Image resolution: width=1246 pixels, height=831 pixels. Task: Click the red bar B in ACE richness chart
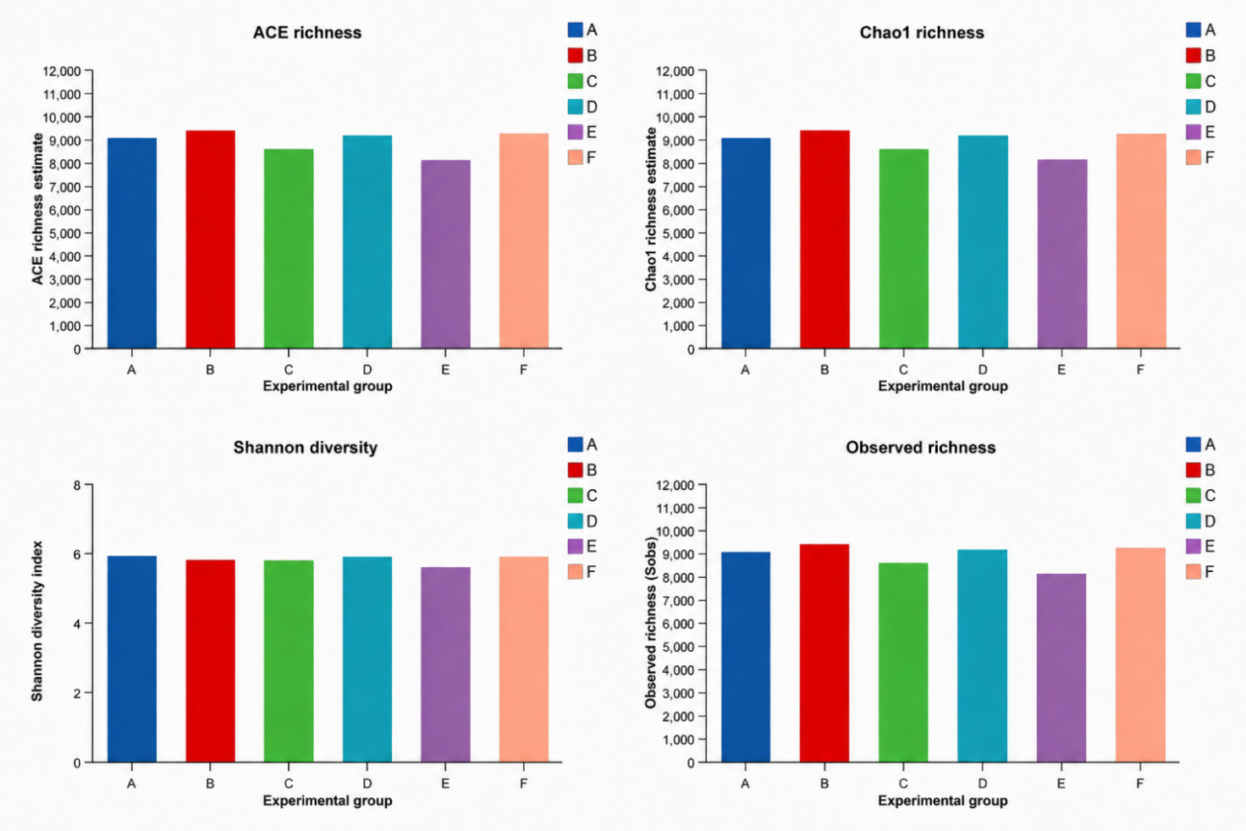(210, 239)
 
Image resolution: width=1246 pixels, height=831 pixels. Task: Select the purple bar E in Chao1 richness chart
(1061, 254)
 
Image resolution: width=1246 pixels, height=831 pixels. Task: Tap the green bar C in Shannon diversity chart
(289, 662)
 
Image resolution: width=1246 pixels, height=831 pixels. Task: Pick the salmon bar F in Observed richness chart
(1140, 655)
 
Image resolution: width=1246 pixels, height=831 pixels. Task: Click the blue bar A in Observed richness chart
(746, 657)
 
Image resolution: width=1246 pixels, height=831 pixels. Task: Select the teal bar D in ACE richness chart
(367, 242)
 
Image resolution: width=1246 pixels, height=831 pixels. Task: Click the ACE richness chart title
(307, 33)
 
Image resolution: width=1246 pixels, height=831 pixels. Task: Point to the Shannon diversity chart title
(306, 448)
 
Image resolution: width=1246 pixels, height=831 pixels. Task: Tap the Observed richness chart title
(921, 448)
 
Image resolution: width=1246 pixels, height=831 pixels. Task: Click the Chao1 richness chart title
(922, 33)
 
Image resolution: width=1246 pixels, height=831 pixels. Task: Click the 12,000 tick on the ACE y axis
(62, 71)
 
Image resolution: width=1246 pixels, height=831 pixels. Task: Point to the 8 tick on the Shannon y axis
(77, 485)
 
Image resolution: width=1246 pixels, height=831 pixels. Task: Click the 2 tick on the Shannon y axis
(77, 693)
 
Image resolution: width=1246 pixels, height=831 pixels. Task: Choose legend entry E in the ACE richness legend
(582, 132)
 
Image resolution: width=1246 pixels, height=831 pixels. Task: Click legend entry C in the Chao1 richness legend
(1201, 81)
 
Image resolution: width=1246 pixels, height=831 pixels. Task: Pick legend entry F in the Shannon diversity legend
(582, 572)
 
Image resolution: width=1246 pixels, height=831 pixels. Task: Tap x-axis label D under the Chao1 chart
(983, 370)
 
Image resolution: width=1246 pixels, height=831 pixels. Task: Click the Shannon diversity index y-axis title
(36, 621)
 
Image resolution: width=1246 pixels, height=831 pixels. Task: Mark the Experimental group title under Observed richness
(943, 801)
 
